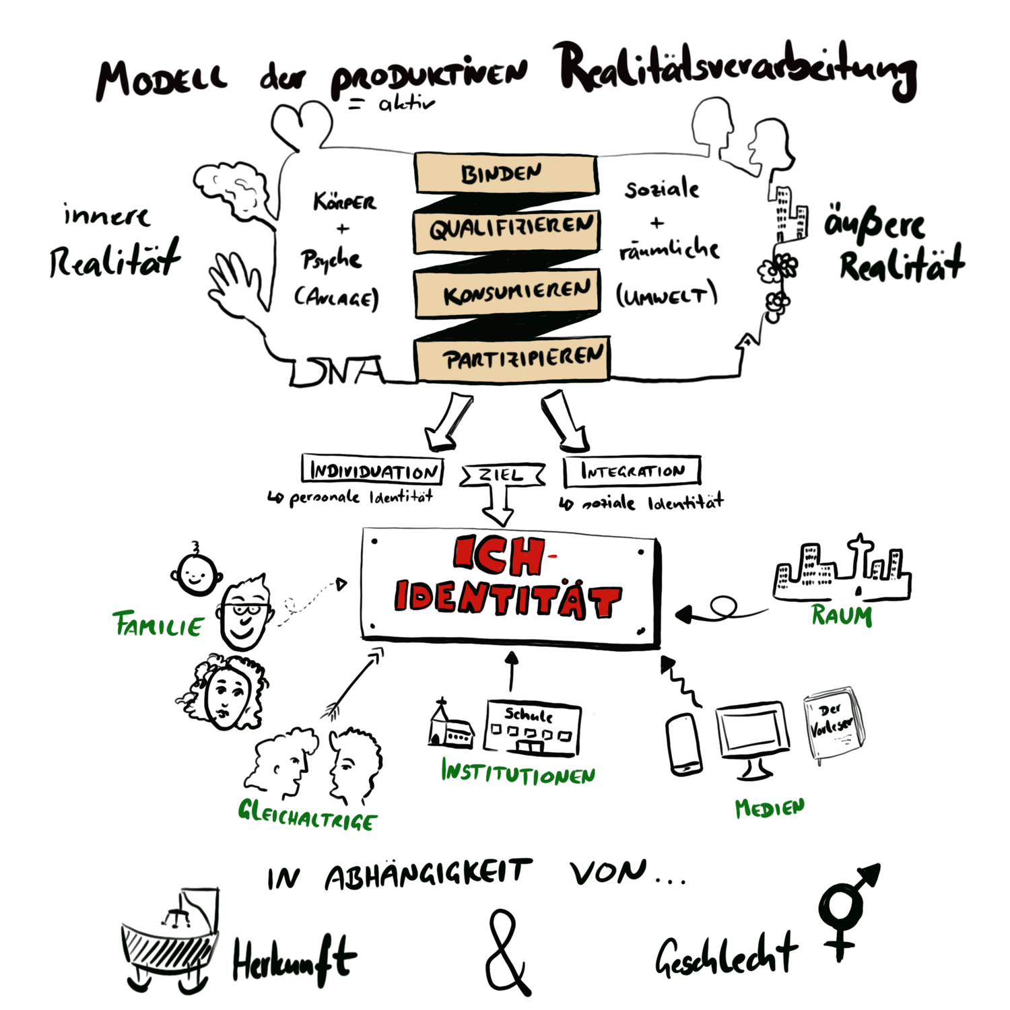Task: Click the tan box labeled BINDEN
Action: (505, 174)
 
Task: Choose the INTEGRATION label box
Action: (632, 471)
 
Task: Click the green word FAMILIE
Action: (158, 625)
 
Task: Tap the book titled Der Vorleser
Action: (833, 725)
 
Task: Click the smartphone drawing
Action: (683, 744)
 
